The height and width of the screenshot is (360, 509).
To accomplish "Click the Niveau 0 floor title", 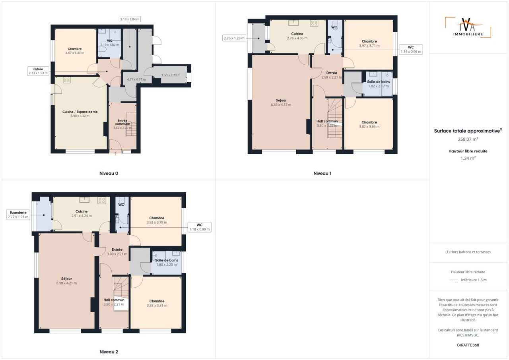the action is click(109, 173).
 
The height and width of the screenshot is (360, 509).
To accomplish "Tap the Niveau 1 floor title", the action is click(322, 173).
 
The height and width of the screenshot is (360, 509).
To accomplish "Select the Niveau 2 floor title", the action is click(109, 352).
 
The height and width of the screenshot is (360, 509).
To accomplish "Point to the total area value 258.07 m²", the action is click(468, 139).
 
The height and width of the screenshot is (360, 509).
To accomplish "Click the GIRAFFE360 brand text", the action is click(468, 345).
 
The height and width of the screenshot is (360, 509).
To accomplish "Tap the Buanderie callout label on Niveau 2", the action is click(18, 215).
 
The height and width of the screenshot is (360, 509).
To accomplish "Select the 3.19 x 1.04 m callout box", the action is click(130, 19).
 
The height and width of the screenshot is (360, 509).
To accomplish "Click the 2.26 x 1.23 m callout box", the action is click(234, 38).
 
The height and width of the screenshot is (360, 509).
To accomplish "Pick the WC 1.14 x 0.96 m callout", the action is click(411, 50).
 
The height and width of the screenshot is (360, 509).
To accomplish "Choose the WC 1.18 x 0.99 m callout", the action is click(200, 227).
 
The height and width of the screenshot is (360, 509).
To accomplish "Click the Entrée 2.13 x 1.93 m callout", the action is click(38, 71).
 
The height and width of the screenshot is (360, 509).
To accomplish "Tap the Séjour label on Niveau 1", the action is click(281, 100).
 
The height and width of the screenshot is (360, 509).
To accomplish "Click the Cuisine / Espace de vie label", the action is click(80, 112).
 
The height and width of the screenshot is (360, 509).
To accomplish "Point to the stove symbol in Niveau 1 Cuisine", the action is click(314, 23).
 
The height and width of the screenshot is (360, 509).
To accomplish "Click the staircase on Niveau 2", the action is click(121, 293).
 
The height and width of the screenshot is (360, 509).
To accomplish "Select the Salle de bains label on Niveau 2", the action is click(167, 260).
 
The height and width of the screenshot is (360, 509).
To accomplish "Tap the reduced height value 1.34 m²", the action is click(468, 158).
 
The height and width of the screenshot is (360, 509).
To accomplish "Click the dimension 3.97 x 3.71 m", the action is click(369, 46).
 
